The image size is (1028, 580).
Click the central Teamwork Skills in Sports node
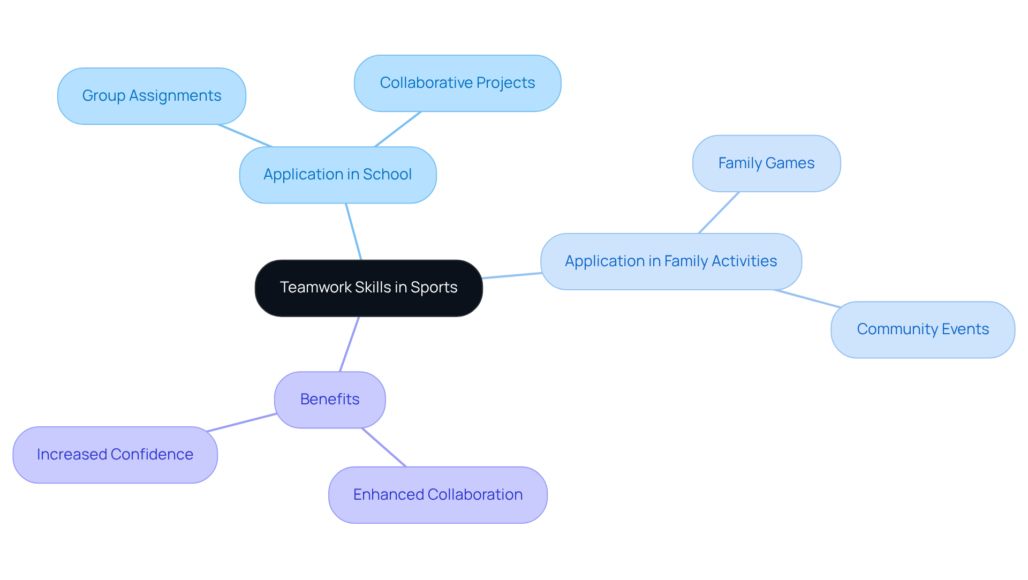[x=368, y=288]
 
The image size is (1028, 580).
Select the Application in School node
[x=337, y=175]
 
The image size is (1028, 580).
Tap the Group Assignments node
[x=152, y=96]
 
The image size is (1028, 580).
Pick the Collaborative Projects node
[x=457, y=84]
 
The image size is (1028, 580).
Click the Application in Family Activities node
[x=671, y=262]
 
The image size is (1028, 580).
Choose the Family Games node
[x=766, y=164]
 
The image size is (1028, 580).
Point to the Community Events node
[x=923, y=330]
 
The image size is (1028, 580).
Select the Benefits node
[x=330, y=400]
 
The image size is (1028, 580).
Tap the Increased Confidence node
[x=115, y=455]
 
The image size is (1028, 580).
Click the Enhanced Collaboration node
[x=438, y=495]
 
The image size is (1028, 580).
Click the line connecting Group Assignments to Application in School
[x=245, y=135]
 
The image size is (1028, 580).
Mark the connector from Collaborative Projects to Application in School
[x=398, y=129]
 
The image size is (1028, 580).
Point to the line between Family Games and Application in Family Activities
[x=719, y=213]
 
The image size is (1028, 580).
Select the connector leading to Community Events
[x=807, y=299]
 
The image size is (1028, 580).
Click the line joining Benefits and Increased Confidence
[x=241, y=423]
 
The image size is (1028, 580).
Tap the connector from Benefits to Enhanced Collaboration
[x=384, y=447]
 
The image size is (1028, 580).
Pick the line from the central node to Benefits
[x=350, y=344]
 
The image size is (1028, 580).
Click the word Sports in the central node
[x=434, y=288]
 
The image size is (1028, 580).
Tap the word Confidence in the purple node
[x=152, y=455]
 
